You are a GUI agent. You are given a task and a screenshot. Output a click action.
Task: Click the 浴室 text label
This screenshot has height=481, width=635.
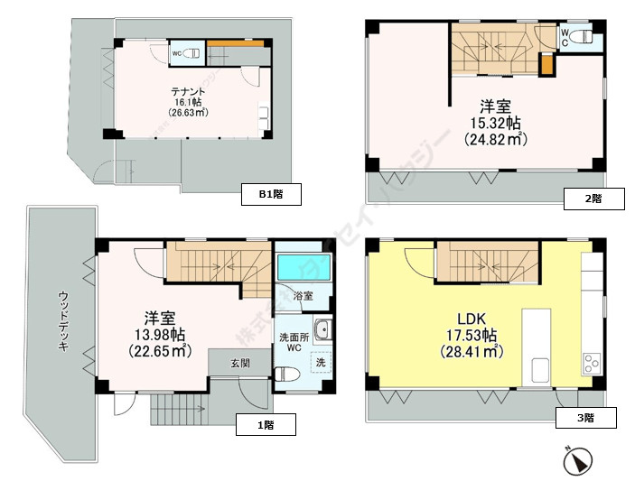coord(303,295)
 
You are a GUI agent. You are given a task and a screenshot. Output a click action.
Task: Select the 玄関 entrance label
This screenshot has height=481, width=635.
coord(239,364)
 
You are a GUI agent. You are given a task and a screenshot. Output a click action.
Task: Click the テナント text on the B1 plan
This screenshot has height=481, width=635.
coord(190,91)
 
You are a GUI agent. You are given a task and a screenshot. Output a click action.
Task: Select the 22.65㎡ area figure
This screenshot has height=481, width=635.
coord(157,351)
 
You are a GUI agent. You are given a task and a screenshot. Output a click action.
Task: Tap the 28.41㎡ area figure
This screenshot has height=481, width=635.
coord(471,353)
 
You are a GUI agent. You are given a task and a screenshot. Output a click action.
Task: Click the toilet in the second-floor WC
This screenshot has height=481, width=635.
coord(583,38)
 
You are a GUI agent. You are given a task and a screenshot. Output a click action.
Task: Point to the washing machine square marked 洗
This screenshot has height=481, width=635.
coord(319,362)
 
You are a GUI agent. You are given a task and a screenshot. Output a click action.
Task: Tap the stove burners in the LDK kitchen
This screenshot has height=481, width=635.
coord(593,363)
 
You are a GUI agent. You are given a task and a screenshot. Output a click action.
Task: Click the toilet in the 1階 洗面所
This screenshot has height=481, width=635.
coord(285,373)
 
